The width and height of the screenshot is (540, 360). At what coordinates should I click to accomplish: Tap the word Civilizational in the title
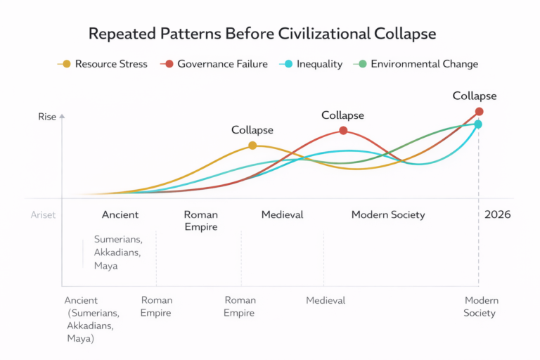(327, 34)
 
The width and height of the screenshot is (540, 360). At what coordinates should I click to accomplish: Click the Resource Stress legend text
(110, 64)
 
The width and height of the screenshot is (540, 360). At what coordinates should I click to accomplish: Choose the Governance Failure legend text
(222, 64)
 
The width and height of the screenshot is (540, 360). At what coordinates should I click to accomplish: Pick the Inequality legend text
(319, 64)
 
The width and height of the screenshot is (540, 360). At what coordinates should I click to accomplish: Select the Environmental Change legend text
(424, 64)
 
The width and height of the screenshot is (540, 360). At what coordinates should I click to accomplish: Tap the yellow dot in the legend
(67, 64)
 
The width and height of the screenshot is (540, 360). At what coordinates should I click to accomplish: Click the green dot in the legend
(363, 64)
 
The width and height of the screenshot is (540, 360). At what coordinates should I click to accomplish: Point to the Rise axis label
(46, 117)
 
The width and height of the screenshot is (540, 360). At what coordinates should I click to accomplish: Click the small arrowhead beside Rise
(62, 116)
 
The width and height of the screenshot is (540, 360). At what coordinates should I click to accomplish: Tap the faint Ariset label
(43, 215)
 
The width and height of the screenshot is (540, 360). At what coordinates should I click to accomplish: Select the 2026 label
(497, 214)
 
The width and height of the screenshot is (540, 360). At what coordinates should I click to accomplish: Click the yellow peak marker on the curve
(252, 146)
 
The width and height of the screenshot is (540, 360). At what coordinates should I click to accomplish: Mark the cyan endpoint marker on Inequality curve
(478, 124)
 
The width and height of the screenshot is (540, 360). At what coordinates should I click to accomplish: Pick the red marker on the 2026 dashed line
(480, 111)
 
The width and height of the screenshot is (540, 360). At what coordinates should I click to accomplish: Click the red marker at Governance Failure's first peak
(343, 130)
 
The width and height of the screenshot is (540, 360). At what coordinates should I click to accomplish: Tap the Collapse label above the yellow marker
(252, 130)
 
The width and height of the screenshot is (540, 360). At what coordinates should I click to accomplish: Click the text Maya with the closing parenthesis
(81, 338)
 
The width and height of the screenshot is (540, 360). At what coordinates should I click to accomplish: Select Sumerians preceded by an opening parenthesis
(94, 313)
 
